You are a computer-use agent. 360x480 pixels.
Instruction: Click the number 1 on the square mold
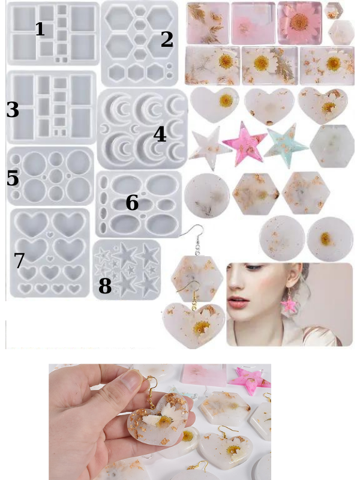pos(40,29)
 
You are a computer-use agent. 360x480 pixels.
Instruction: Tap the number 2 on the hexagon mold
pos(167,39)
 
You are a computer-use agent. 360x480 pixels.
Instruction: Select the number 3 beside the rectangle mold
pos(13,110)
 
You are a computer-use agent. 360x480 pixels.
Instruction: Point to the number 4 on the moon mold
pos(160,134)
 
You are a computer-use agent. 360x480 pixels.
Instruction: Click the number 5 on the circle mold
pos(13,178)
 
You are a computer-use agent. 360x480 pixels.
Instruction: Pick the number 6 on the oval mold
pos(132,202)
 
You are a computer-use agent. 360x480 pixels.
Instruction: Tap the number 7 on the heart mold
pos(19,260)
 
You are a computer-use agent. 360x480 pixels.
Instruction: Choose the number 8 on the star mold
pos(104,286)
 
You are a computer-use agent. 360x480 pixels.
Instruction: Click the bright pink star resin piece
pos(244,144)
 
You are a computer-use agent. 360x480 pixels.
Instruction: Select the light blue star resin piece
pos(286,145)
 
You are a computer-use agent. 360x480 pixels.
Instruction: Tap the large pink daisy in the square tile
pos(299,22)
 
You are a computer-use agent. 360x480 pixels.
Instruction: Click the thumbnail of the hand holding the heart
pos(160,422)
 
